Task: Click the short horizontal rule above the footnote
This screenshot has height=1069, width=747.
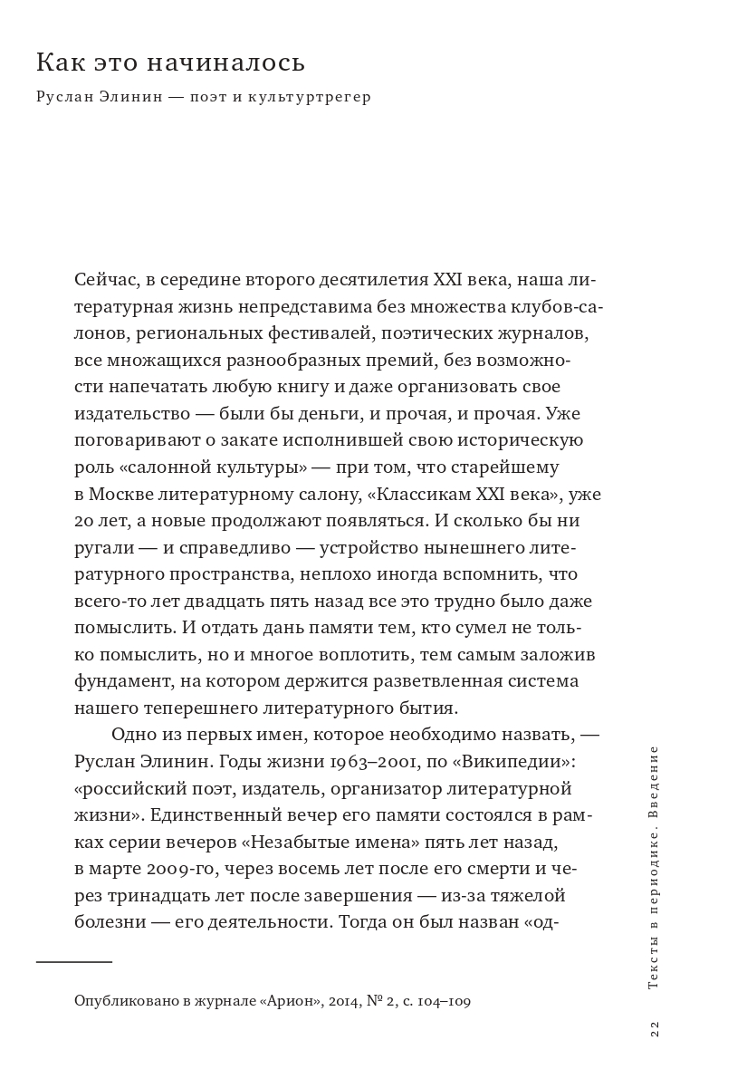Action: point(74,961)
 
